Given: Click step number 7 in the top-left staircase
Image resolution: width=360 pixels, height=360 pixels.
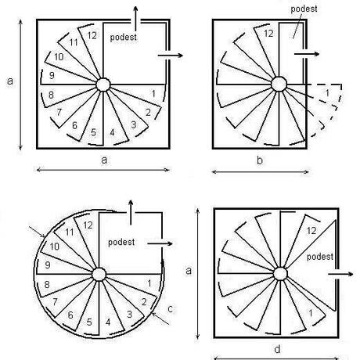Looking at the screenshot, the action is click(x=59, y=112).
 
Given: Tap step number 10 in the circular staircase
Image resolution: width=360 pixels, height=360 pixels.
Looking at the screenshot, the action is click(x=55, y=247).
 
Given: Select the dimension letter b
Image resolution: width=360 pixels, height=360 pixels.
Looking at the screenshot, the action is click(x=260, y=160).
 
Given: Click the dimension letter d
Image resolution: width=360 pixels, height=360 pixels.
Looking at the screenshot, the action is click(x=277, y=349).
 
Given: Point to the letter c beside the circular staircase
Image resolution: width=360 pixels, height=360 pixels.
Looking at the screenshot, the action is click(x=170, y=309).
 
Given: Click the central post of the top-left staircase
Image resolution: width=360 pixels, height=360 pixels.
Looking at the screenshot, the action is click(x=103, y=85).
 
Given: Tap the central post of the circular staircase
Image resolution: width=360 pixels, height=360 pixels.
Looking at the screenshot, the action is click(x=99, y=275).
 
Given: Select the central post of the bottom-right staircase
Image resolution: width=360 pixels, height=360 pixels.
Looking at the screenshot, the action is click(x=280, y=274).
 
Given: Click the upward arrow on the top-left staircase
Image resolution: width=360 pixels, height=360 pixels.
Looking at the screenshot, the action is click(x=135, y=18).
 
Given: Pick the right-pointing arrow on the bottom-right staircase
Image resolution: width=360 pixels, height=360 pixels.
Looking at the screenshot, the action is click(x=340, y=274).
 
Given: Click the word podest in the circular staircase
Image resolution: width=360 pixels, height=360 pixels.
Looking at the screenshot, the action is click(x=121, y=243).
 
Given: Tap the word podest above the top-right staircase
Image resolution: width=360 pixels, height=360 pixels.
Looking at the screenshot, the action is click(x=304, y=9).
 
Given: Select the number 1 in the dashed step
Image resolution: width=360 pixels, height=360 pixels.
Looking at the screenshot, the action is click(x=327, y=92).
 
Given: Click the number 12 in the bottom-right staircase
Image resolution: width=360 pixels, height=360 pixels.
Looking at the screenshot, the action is click(x=311, y=231).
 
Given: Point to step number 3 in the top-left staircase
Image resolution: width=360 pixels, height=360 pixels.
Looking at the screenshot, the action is click(x=134, y=124).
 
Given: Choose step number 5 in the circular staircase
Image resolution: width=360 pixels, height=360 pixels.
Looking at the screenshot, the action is click(x=89, y=322).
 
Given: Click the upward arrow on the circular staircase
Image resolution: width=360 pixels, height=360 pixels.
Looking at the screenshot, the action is click(x=131, y=213).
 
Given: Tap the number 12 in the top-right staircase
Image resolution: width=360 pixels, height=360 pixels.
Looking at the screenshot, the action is click(x=268, y=34).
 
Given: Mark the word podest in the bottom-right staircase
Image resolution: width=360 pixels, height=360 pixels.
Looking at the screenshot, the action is click(x=320, y=257).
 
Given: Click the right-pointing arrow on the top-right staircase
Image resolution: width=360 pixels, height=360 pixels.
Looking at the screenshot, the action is click(x=307, y=54).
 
